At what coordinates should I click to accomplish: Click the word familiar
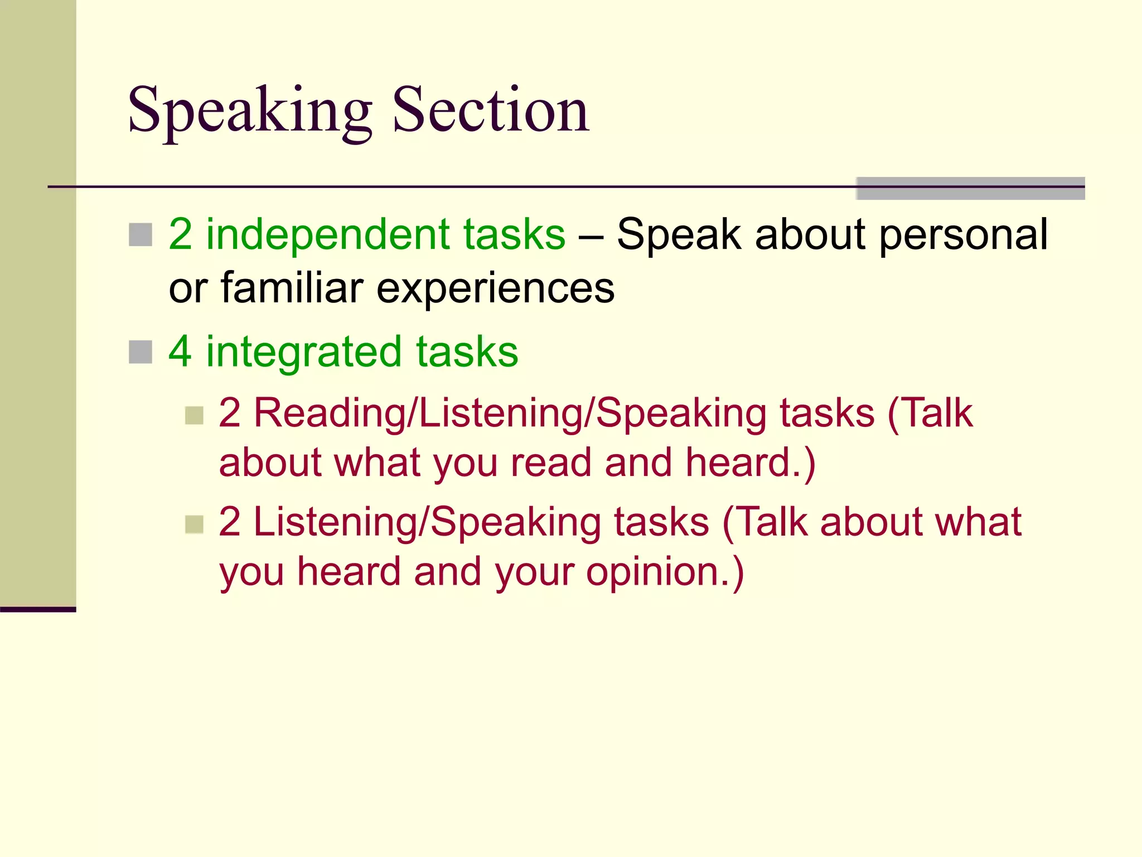(292, 288)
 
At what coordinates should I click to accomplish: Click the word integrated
(304, 353)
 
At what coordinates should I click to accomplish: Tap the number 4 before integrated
(180, 352)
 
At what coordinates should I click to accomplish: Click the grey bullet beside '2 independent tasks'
(141, 235)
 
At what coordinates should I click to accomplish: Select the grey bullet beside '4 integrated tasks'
(141, 352)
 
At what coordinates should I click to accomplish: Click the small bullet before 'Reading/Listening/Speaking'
(194, 415)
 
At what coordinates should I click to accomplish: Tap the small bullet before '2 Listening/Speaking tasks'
(194, 524)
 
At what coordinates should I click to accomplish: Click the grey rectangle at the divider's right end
(970, 188)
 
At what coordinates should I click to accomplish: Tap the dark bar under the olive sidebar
(38, 609)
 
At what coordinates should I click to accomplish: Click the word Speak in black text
(679, 235)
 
